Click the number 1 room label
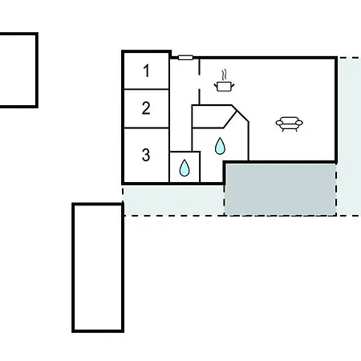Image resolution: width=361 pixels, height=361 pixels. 146,71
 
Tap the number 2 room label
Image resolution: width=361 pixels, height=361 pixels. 146,108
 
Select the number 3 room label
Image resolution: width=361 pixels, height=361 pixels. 146,155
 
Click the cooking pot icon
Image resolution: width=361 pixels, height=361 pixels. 224,87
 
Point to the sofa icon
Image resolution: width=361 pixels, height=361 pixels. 289,124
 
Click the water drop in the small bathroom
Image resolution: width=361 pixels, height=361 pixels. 185,168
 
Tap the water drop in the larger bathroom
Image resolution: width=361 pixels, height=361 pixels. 220,146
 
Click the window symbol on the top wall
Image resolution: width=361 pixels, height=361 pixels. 185,58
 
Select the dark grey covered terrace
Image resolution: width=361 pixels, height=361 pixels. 281,189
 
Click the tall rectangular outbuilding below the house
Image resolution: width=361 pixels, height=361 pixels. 98,268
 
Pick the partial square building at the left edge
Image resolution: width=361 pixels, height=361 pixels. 18,71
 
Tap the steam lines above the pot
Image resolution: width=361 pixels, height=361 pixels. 225,75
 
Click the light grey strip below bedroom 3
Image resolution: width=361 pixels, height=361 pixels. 173,200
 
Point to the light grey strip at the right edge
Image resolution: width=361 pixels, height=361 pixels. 349,136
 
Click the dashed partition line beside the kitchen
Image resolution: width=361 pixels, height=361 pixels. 199,82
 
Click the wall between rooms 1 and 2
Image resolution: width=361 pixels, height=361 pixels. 146,89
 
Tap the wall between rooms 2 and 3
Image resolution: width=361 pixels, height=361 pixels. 146,128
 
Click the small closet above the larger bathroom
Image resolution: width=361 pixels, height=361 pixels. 213,117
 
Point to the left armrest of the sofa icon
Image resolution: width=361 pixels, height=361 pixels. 279,123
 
